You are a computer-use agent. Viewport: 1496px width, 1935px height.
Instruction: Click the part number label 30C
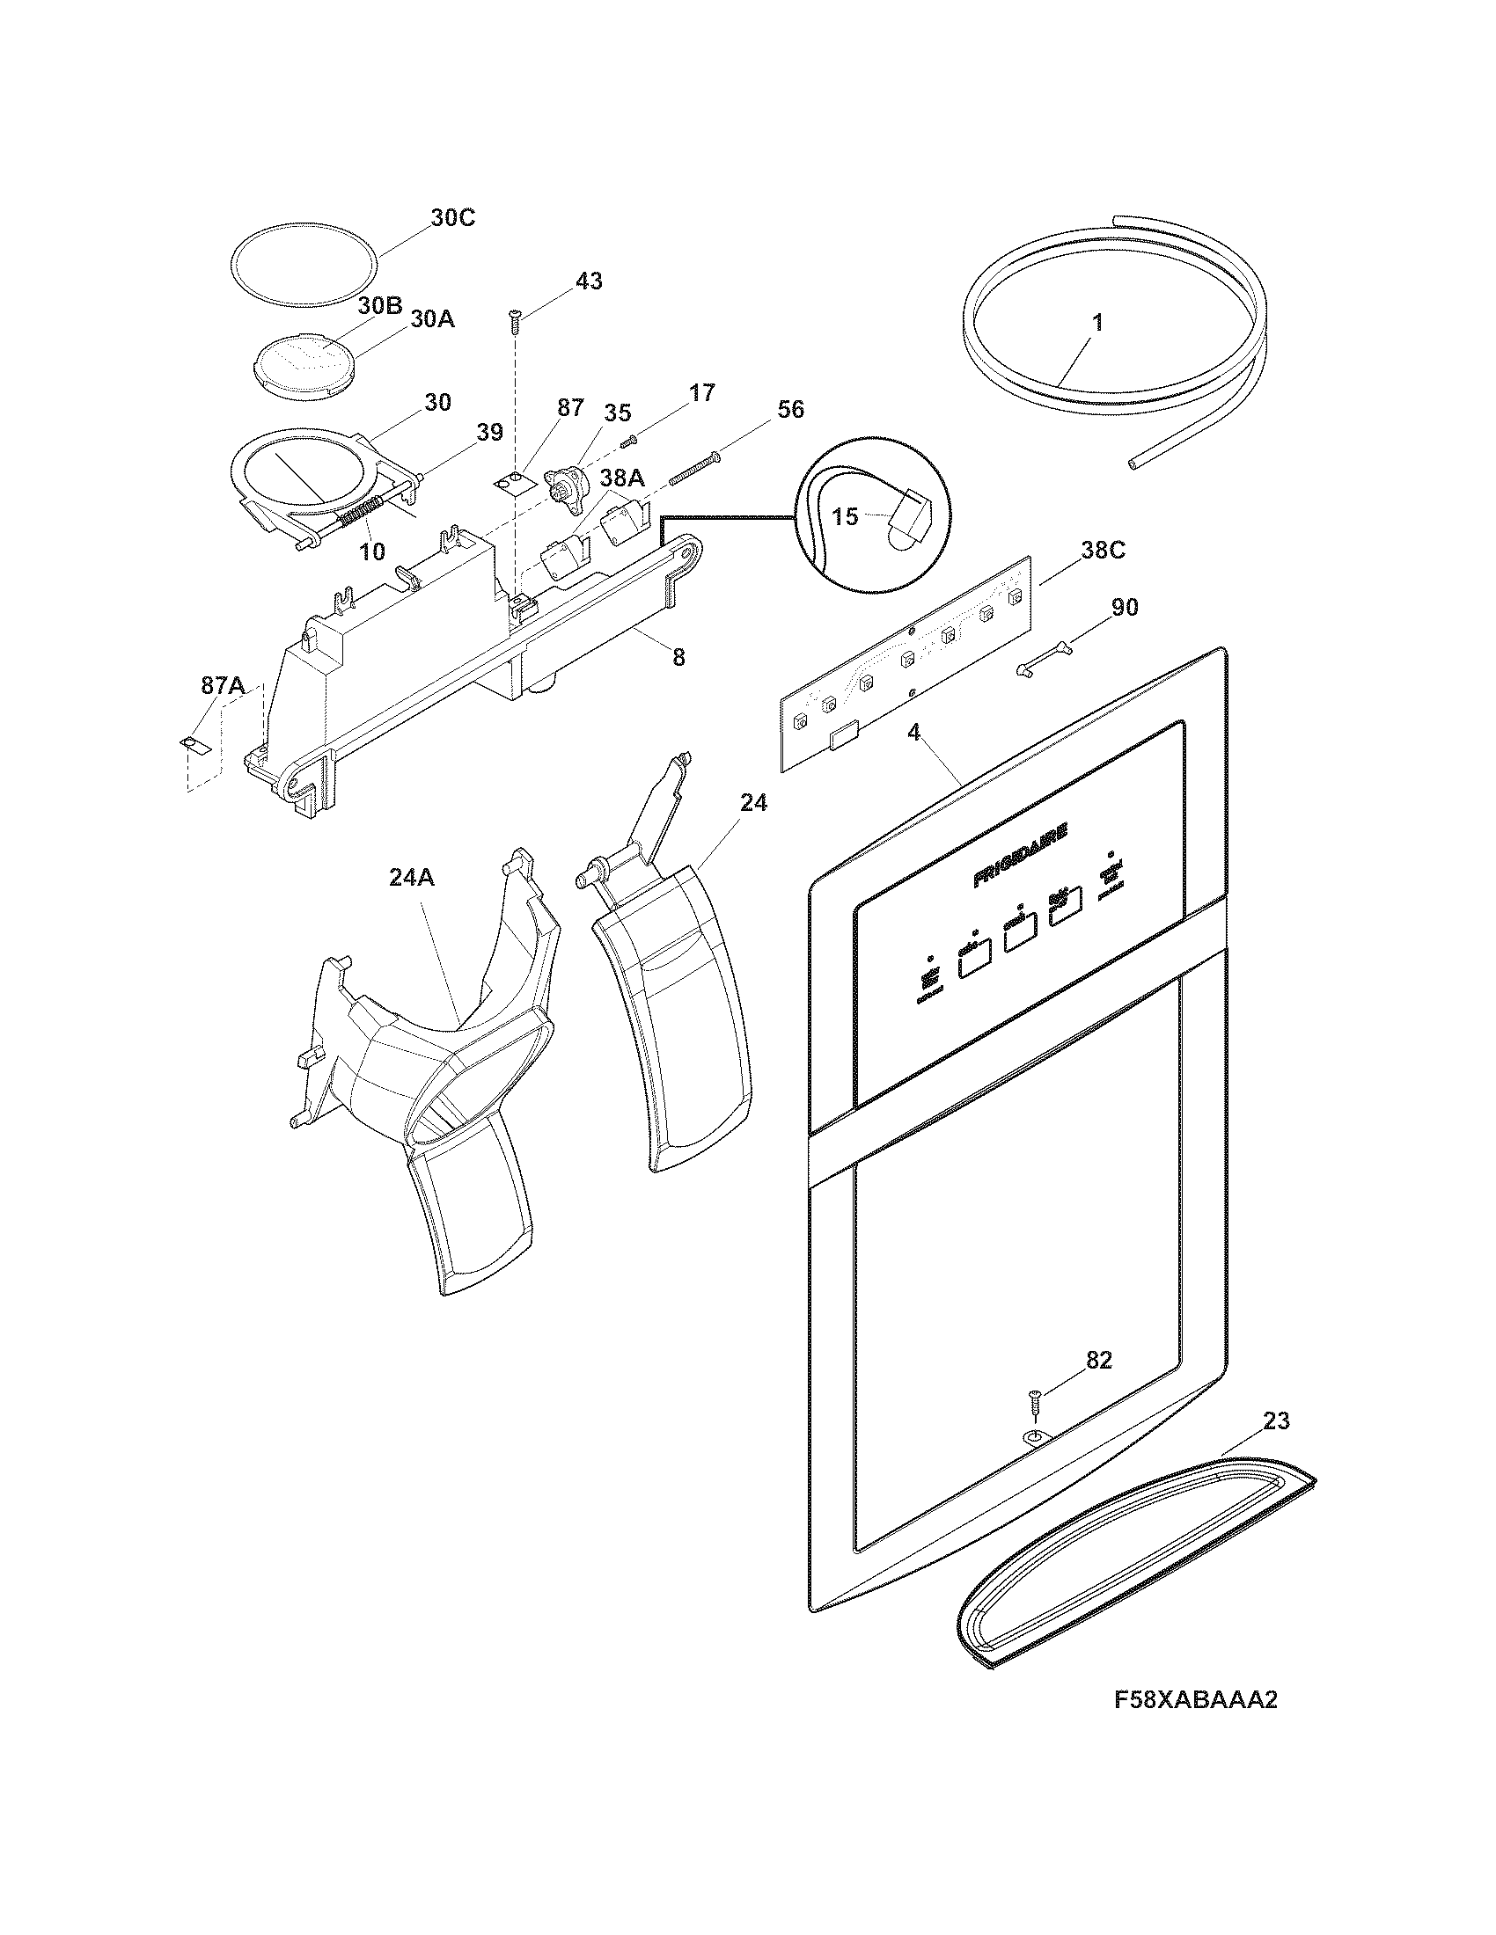coord(453,218)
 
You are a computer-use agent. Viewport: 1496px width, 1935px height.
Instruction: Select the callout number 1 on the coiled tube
coord(1097,324)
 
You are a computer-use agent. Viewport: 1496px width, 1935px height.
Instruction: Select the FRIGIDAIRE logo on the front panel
coord(1019,856)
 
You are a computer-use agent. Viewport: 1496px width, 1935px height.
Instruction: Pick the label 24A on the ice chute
coord(411,877)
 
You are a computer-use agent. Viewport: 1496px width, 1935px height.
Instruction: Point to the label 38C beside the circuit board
coord(1103,551)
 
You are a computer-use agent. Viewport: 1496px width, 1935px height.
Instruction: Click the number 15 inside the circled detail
coord(846,516)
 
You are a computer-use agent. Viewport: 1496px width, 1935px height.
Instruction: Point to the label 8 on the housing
coord(678,656)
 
